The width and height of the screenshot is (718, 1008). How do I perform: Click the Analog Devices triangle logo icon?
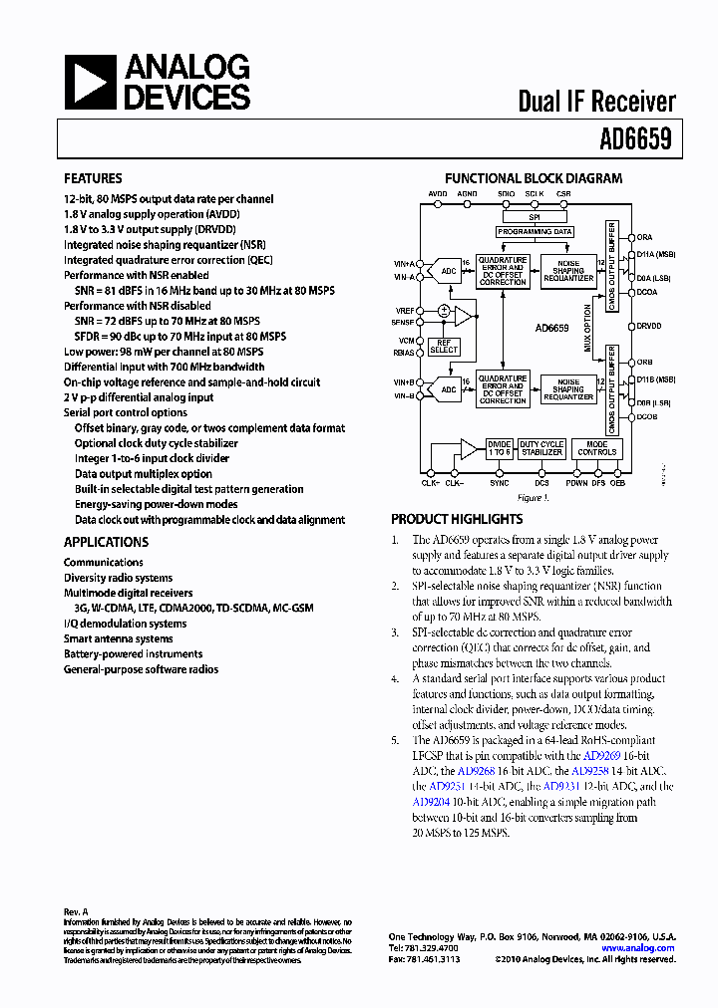click(x=91, y=83)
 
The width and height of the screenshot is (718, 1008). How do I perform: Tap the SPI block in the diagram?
click(x=535, y=217)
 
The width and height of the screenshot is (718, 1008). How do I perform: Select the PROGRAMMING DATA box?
click(x=535, y=231)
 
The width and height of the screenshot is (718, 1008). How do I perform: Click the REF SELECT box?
click(x=444, y=347)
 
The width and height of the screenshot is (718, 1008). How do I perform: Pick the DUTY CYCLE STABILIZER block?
click(x=541, y=448)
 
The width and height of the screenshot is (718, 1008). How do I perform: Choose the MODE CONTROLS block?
click(x=597, y=448)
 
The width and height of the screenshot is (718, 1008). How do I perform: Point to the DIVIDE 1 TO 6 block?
click(x=499, y=448)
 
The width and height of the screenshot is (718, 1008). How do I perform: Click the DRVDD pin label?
click(x=649, y=326)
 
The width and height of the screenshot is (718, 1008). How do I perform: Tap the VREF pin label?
click(x=404, y=311)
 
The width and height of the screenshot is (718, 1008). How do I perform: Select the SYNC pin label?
click(x=500, y=483)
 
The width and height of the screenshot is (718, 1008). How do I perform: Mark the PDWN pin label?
click(x=576, y=483)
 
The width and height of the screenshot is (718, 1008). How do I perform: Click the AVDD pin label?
click(x=438, y=193)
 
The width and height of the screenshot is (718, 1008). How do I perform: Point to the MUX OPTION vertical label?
click(x=587, y=333)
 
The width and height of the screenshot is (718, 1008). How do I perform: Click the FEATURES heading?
click(x=93, y=178)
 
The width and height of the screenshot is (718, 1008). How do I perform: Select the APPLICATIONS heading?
click(x=106, y=542)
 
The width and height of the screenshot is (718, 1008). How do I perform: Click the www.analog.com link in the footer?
click(x=638, y=948)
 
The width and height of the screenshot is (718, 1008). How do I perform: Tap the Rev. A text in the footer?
click(x=76, y=911)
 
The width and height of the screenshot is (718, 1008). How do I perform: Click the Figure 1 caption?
click(x=533, y=497)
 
